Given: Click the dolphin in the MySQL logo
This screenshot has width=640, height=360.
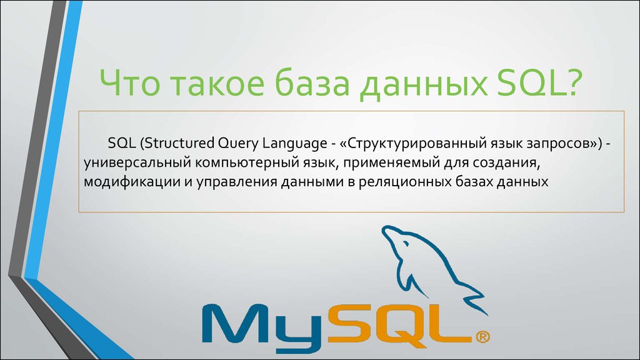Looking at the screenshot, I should pyautogui.click(x=425, y=262).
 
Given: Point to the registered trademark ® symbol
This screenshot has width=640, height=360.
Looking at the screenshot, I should pyautogui.click(x=482, y=337).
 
